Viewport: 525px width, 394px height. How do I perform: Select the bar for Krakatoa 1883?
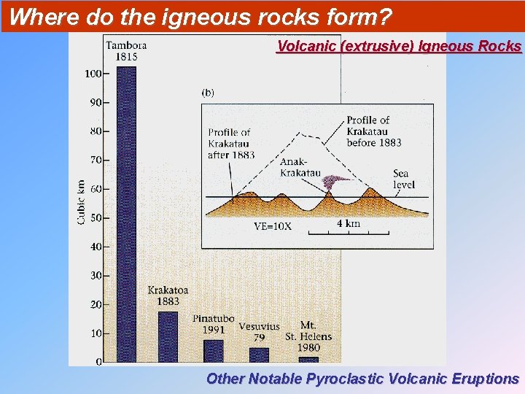pyautogui.click(x=168, y=336)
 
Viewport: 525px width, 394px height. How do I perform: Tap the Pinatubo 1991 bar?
pyautogui.click(x=214, y=351)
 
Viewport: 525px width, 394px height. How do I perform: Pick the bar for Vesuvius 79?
pyautogui.click(x=259, y=355)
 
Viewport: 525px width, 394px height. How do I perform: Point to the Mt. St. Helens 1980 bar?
pyautogui.click(x=308, y=359)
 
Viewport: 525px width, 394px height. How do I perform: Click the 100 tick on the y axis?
pyautogui.click(x=94, y=73)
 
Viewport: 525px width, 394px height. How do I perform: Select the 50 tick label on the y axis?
pyautogui.click(x=96, y=217)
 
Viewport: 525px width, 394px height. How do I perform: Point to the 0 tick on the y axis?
pyautogui.click(x=100, y=362)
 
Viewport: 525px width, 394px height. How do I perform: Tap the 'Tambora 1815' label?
pyautogui.click(x=126, y=51)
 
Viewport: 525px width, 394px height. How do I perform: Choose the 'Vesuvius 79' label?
pyautogui.click(x=259, y=332)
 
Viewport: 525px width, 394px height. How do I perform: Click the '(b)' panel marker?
pyautogui.click(x=208, y=93)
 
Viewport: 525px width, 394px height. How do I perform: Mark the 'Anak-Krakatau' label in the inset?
pyautogui.click(x=300, y=167)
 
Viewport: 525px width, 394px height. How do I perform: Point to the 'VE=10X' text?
pyautogui.click(x=273, y=226)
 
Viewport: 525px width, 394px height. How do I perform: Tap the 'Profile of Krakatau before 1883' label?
pyautogui.click(x=373, y=131)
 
